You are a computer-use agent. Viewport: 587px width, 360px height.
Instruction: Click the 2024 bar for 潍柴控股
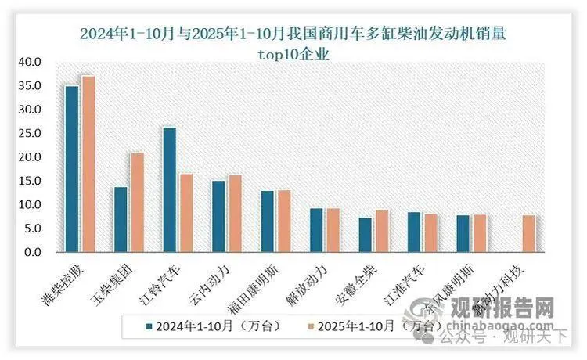pyautogui.click(x=72, y=169)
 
